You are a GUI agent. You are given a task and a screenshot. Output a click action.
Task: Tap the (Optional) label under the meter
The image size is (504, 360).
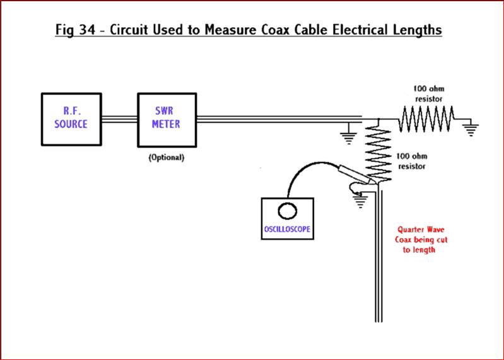click(167, 157)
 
